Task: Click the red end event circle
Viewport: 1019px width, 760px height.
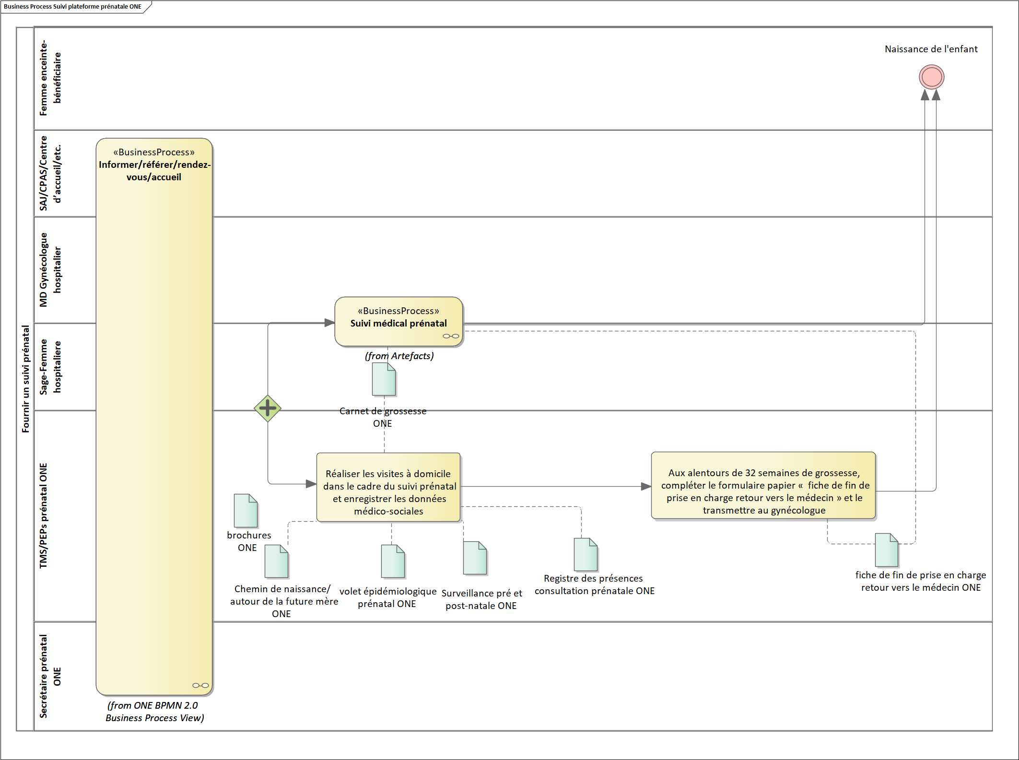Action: tap(931, 77)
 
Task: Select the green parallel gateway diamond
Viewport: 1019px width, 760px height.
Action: tap(268, 409)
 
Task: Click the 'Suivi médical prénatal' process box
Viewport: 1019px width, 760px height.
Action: tap(398, 321)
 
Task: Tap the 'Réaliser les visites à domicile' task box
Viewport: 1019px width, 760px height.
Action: tap(388, 487)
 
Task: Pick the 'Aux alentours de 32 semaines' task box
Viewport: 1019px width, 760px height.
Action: tap(763, 485)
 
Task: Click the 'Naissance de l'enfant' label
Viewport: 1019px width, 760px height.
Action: tap(931, 49)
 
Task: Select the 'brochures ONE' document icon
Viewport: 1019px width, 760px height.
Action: tap(246, 511)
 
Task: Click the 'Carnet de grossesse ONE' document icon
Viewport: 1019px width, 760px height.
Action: tap(384, 379)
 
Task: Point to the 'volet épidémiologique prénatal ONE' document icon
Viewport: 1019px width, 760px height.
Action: tap(393, 561)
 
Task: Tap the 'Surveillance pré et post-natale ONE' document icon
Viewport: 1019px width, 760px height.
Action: tap(475, 558)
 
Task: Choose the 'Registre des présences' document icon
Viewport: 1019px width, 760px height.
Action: tap(586, 554)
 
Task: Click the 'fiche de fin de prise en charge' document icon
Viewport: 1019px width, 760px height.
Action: tap(886, 550)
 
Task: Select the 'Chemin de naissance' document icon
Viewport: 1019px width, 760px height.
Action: tap(276, 561)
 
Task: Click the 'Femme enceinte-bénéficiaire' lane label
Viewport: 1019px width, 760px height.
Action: tap(50, 78)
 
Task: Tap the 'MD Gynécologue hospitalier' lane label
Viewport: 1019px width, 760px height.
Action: tap(50, 269)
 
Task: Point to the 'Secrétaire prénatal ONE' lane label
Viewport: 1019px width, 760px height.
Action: tap(50, 676)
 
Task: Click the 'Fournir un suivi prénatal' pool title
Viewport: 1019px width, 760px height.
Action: tap(25, 379)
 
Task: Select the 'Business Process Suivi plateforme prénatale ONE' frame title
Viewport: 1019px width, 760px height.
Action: tap(72, 7)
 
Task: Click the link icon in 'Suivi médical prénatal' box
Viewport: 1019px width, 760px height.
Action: tap(451, 336)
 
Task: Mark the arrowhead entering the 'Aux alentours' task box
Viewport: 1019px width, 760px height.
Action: tap(646, 486)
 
